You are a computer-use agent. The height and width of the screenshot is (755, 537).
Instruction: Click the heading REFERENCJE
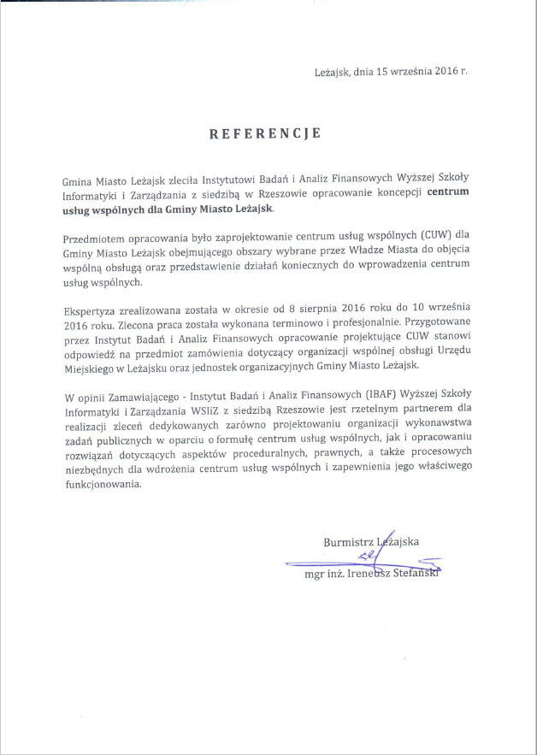[x=266, y=134]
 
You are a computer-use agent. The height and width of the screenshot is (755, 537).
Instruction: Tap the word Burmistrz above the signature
[x=348, y=540]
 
